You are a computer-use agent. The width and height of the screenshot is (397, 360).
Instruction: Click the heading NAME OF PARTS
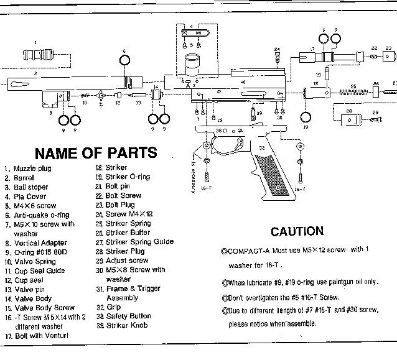coord(95,152)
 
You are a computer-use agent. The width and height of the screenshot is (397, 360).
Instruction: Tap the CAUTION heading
coord(297,231)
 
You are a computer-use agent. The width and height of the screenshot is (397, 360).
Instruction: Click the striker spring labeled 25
coord(355,91)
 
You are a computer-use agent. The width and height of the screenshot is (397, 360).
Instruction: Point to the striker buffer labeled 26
coord(376,91)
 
